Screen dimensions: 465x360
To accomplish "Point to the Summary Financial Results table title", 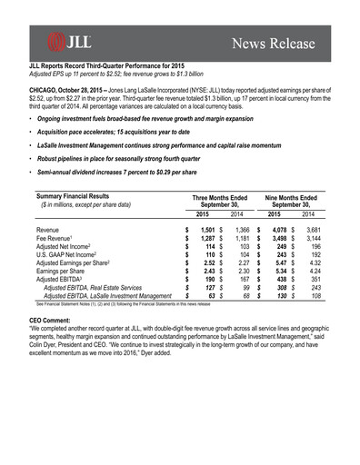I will [75, 195].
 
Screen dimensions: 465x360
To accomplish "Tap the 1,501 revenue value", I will [206, 231].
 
